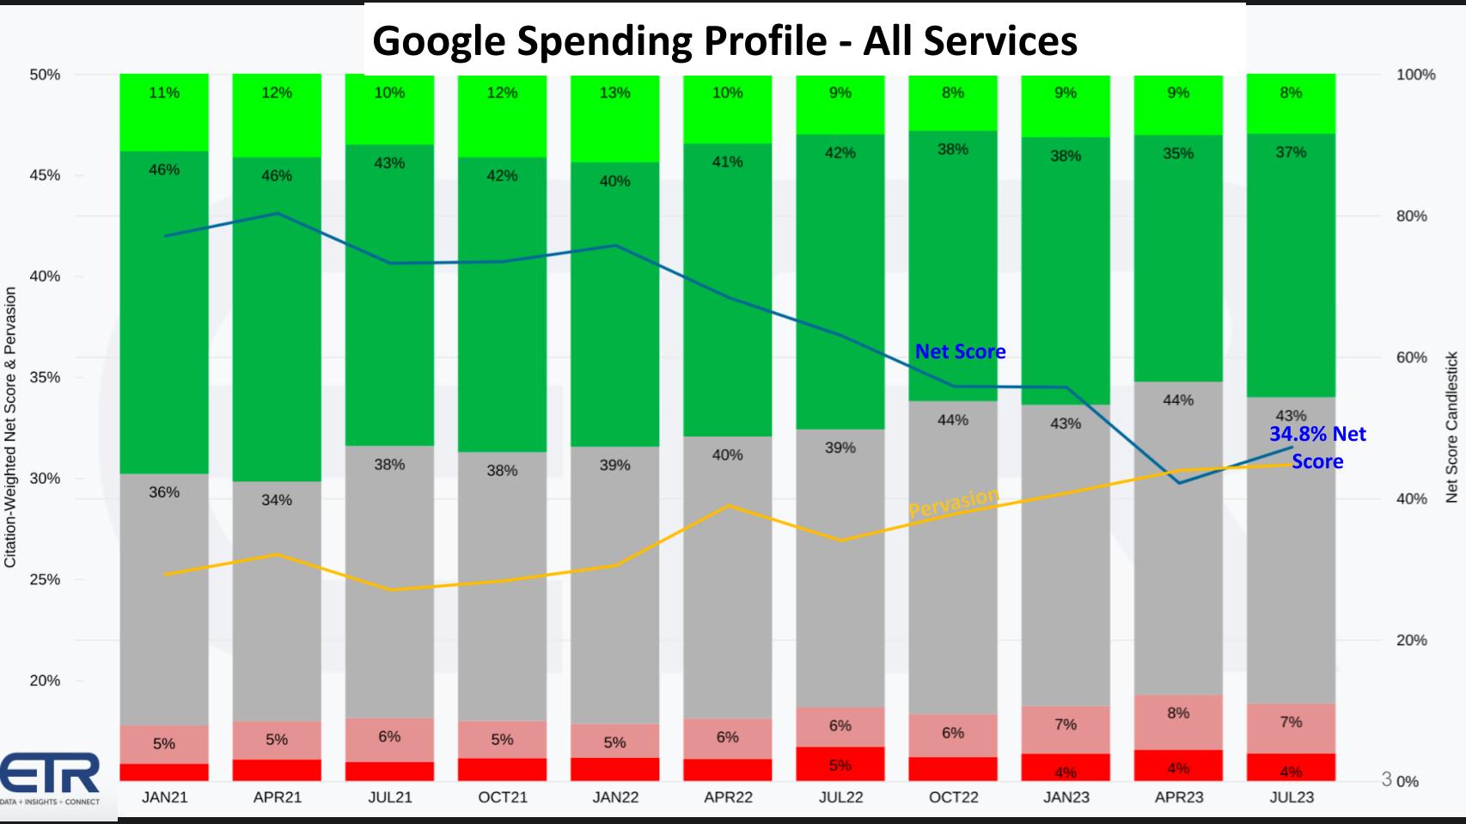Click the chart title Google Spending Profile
pyautogui.click(x=724, y=40)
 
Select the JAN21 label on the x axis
pyautogui.click(x=164, y=797)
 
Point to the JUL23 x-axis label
pyautogui.click(x=1292, y=797)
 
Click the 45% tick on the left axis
pyautogui.click(x=45, y=175)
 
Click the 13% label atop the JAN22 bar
pyautogui.click(x=614, y=93)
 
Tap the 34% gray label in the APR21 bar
pyautogui.click(x=277, y=500)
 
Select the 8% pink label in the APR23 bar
pyautogui.click(x=1178, y=713)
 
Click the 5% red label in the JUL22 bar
pyautogui.click(x=840, y=765)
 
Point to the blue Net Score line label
pyautogui.click(x=960, y=351)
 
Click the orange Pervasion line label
pyautogui.click(x=954, y=503)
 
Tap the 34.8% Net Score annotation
pyautogui.click(x=1317, y=447)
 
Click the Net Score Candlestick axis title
pyautogui.click(x=1451, y=427)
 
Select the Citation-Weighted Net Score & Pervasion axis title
pyautogui.click(x=11, y=427)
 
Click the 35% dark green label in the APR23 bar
pyautogui.click(x=1178, y=154)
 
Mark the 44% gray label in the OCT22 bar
pyautogui.click(x=952, y=420)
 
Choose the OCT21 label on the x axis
pyautogui.click(x=503, y=797)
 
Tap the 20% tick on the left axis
pyautogui.click(x=45, y=681)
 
